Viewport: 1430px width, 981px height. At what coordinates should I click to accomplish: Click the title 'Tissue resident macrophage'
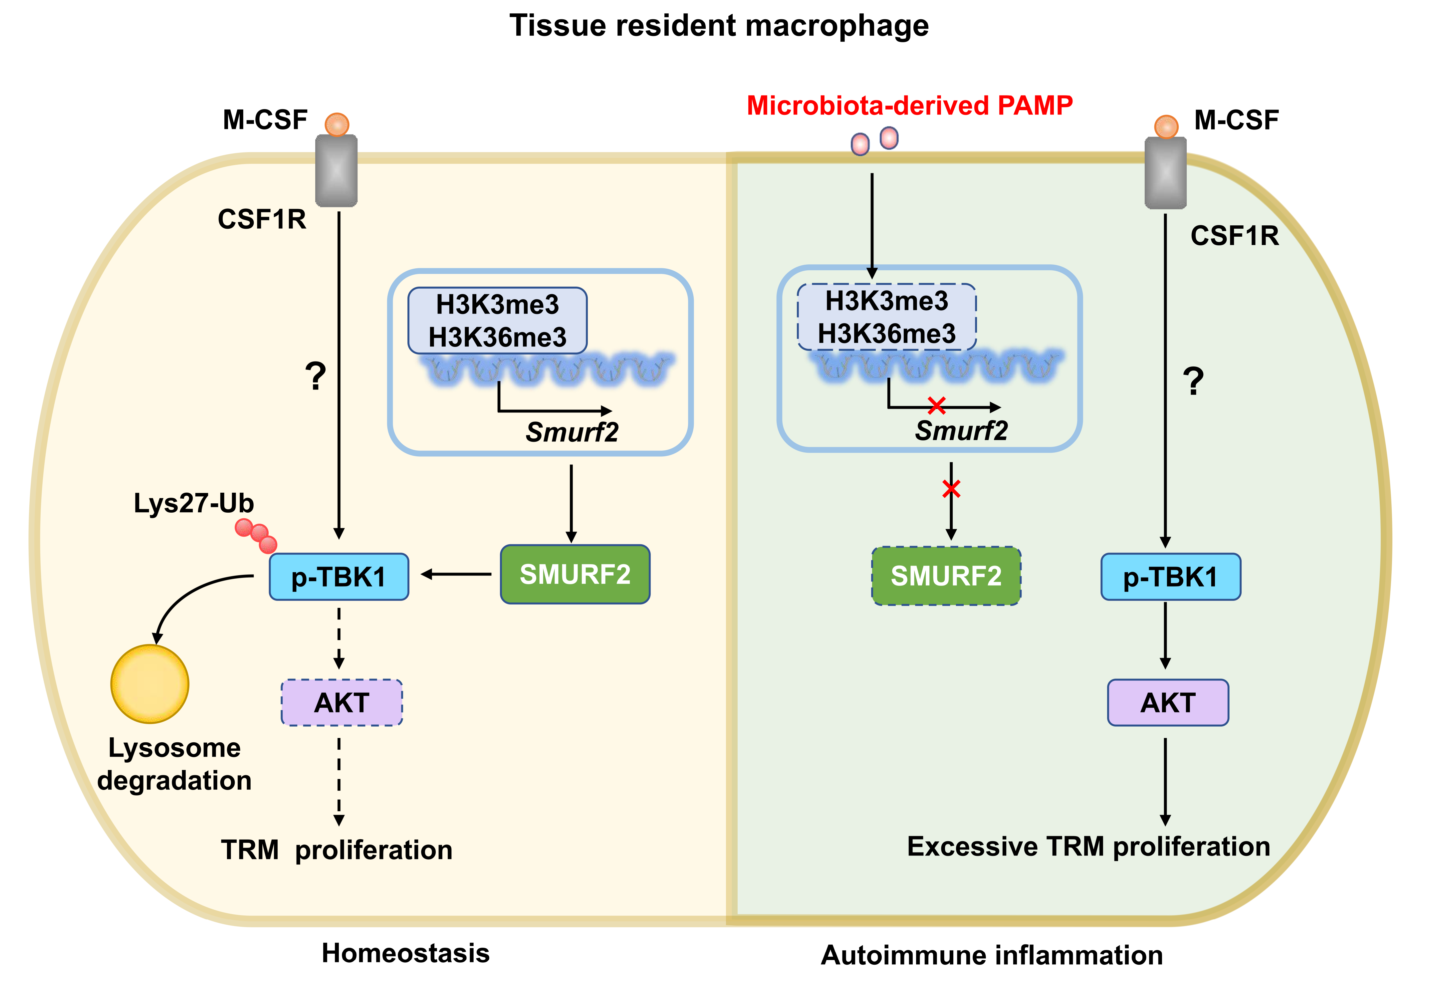[x=719, y=26]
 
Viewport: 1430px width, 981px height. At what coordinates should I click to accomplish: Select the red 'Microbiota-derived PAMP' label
[x=909, y=106]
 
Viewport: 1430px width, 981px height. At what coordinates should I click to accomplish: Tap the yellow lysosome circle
[x=149, y=684]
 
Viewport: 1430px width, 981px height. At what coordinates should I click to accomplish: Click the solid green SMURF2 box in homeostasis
[x=575, y=574]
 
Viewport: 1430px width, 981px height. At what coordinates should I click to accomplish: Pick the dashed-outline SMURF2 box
[x=946, y=576]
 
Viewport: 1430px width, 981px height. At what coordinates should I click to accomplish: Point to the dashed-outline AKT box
[x=342, y=702]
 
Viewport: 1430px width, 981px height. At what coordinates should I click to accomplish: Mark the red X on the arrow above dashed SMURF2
[x=951, y=489]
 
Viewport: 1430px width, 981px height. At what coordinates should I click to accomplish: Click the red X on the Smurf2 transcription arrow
[x=936, y=405]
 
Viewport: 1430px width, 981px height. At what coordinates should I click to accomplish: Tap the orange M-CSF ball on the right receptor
[x=1166, y=127]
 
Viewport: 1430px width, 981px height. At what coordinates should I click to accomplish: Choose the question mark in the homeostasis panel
[x=316, y=376]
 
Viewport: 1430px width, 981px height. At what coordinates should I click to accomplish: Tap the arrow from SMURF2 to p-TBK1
[x=456, y=574]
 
